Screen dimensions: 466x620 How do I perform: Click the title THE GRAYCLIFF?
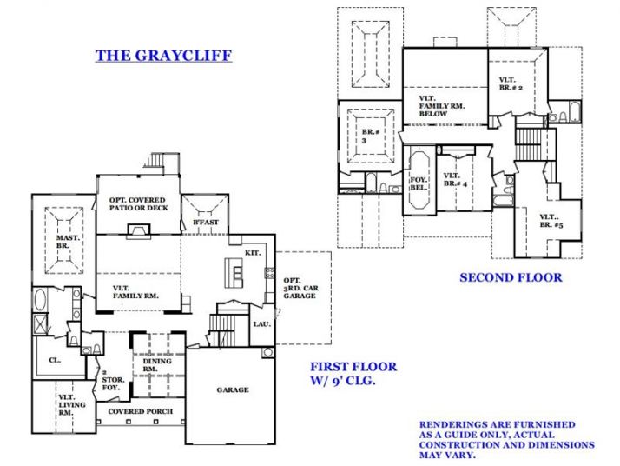(163, 57)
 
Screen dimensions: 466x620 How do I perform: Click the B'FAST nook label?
(204, 223)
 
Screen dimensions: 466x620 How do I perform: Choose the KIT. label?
(253, 250)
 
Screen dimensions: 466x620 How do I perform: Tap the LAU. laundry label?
(261, 323)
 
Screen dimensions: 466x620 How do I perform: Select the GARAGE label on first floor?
(233, 389)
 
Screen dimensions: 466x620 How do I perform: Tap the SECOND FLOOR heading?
(511, 277)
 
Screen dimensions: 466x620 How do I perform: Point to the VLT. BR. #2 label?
(510, 84)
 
